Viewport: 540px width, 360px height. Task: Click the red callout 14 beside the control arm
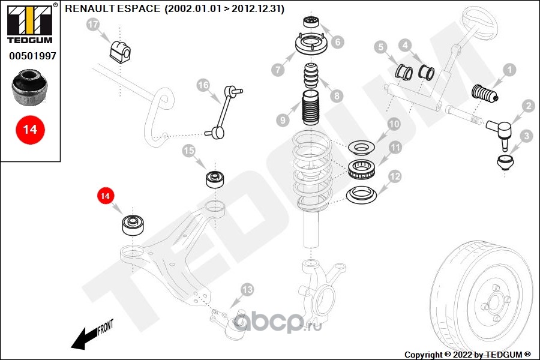(x=105, y=196)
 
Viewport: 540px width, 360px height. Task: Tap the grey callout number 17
(x=92, y=25)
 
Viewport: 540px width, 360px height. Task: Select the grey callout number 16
(x=203, y=86)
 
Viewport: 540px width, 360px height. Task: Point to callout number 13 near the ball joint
(x=247, y=290)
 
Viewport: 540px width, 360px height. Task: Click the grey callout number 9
(x=282, y=120)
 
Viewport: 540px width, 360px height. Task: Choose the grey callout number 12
(x=394, y=176)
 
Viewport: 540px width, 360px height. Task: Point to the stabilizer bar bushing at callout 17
(x=119, y=50)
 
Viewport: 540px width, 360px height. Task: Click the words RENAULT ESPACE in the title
(x=112, y=9)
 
